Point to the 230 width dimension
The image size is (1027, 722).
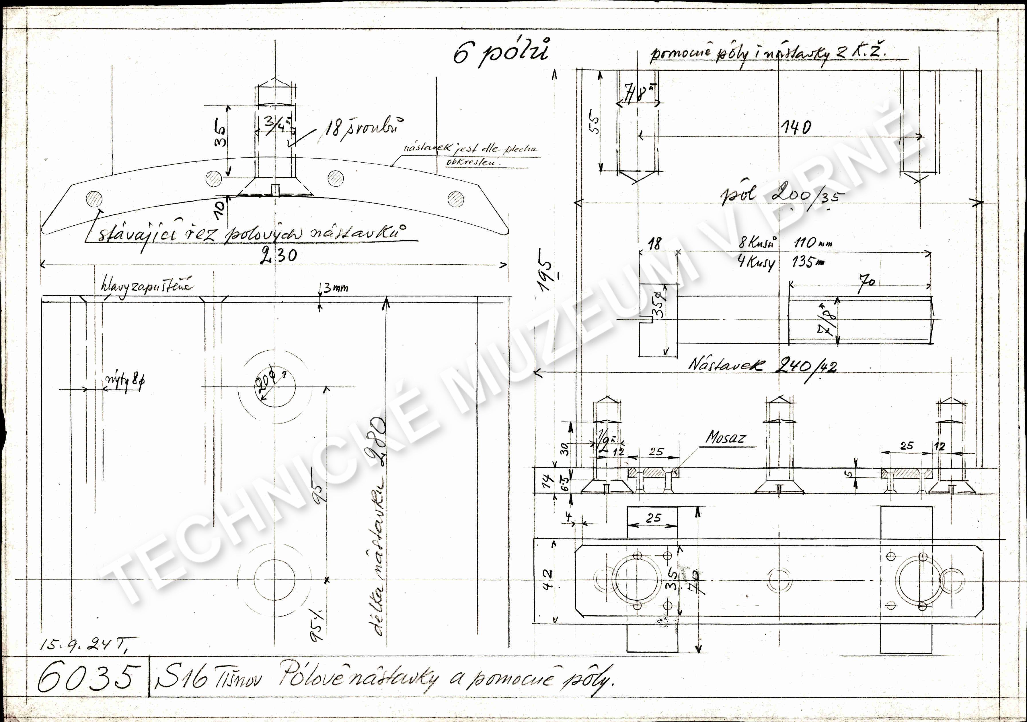pos(278,255)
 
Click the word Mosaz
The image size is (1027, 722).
pos(726,438)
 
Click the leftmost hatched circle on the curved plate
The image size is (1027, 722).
pos(94,199)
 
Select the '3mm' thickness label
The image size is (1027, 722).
pos(336,288)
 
